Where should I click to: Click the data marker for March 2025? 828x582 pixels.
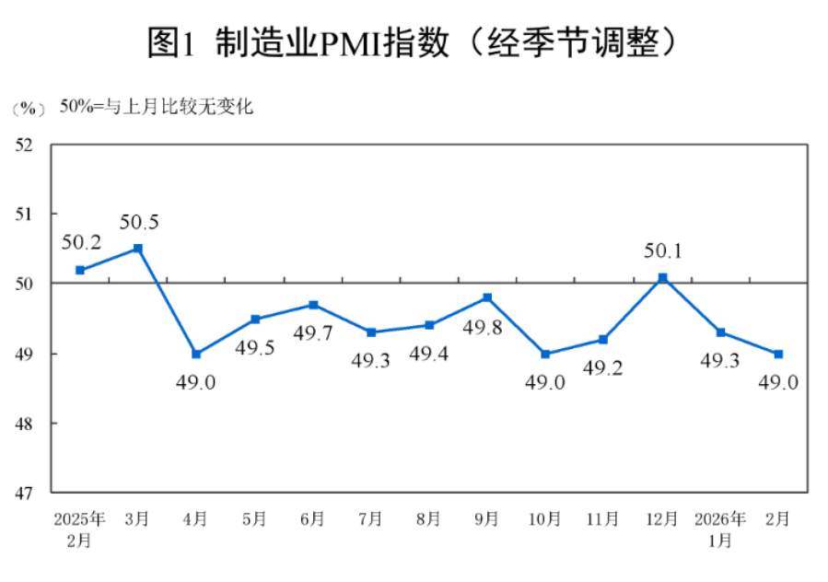[138, 248]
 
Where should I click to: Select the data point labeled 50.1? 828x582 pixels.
[662, 277]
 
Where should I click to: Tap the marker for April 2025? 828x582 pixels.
[196, 354]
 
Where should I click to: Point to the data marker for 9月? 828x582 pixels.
[487, 297]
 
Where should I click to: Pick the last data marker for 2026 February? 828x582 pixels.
[778, 354]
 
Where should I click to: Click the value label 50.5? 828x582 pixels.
[139, 222]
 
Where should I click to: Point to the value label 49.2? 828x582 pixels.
[603, 368]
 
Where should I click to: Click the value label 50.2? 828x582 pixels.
[81, 243]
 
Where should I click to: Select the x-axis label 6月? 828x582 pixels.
[312, 519]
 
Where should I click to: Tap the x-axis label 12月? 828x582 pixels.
[661, 519]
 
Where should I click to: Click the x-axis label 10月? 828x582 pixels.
[544, 519]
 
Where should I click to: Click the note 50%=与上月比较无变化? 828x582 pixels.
[157, 107]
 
